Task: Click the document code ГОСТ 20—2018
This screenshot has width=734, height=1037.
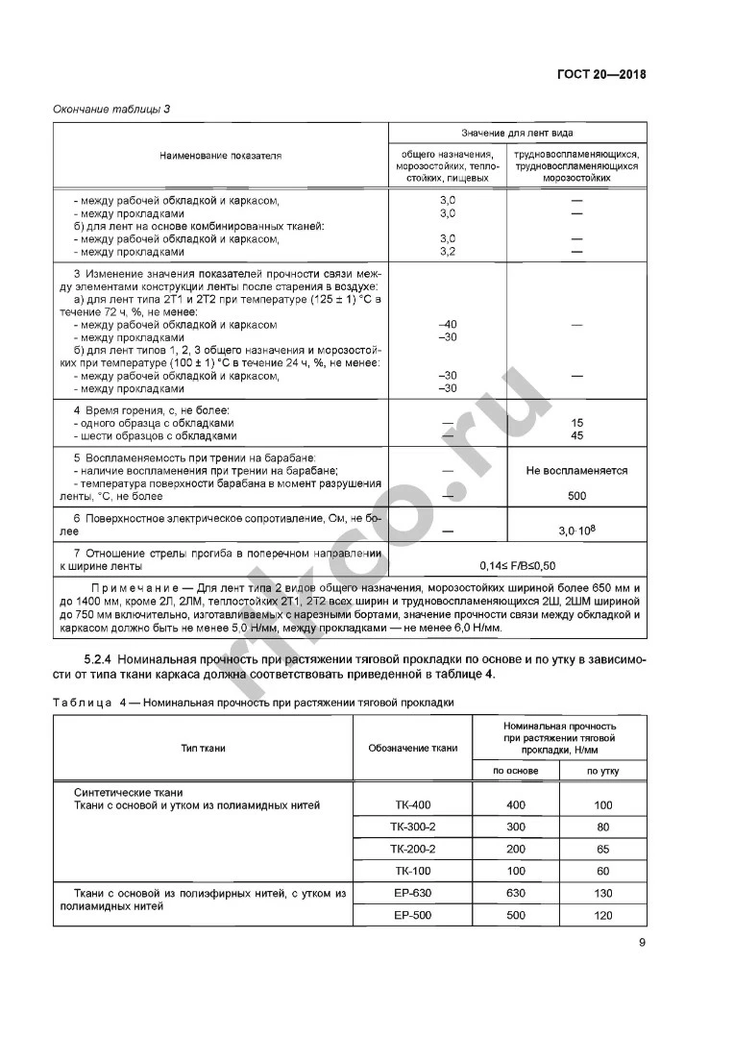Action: click(601, 75)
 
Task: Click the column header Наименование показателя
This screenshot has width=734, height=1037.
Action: click(220, 155)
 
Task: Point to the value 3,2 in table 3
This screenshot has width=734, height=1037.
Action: click(447, 252)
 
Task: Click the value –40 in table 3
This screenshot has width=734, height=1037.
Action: click(447, 325)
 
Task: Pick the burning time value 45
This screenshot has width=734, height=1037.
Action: click(576, 435)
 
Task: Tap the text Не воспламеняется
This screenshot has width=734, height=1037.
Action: click(576, 471)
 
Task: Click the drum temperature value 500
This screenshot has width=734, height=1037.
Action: click(576, 496)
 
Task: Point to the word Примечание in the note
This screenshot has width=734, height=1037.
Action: click(127, 587)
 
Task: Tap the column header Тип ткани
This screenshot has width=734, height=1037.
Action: click(203, 748)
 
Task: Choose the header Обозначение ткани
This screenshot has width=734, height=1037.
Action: click(414, 748)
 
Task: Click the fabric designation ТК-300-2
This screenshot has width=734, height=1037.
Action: click(414, 827)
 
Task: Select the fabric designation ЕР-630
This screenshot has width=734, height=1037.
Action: click(414, 893)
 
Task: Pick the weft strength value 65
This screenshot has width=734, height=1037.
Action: click(602, 850)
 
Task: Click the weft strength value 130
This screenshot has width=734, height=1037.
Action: click(602, 893)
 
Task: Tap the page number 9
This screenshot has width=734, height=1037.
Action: click(642, 942)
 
